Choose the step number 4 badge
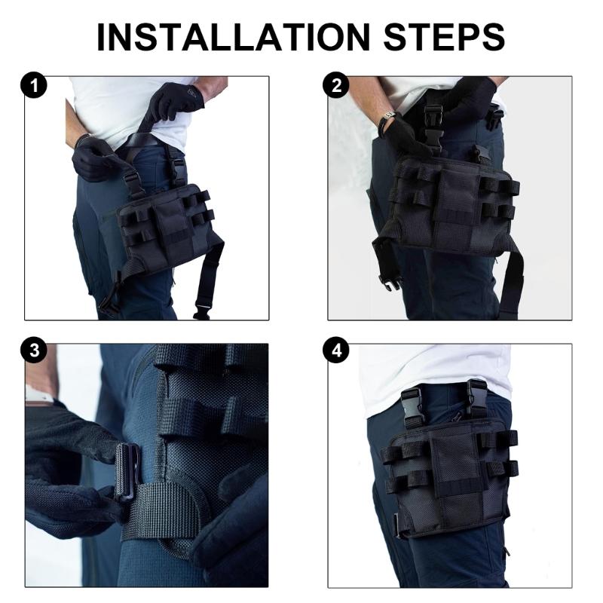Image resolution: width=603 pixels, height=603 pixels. [337, 351]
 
